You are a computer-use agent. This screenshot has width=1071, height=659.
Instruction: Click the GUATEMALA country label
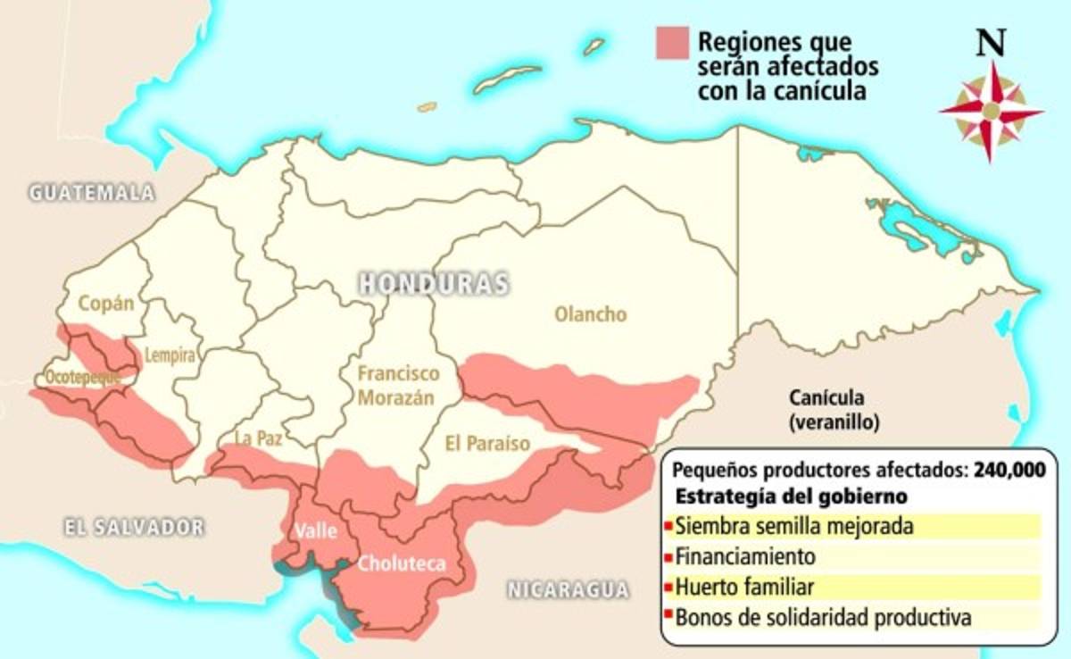(91, 192)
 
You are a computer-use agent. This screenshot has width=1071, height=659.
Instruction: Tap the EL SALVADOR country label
(134, 527)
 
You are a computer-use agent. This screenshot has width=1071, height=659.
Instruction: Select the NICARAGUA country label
(568, 589)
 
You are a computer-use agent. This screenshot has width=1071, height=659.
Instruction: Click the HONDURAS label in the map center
(434, 284)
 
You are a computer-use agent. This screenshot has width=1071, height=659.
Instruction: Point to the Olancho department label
(590, 314)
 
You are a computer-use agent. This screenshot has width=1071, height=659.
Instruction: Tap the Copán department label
(105, 303)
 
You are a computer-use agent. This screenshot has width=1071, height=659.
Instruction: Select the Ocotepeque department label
(82, 377)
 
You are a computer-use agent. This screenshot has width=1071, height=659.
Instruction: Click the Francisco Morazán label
(399, 385)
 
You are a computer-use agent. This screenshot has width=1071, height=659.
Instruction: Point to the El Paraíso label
(487, 444)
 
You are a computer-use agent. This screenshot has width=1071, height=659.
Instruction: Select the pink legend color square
(672, 43)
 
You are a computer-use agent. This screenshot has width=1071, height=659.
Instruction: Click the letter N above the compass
(990, 43)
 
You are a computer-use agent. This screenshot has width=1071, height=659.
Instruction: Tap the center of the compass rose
(991, 112)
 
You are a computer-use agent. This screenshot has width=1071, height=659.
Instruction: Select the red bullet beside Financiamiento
(668, 557)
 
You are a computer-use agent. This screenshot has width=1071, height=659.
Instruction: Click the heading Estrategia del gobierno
(793, 496)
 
